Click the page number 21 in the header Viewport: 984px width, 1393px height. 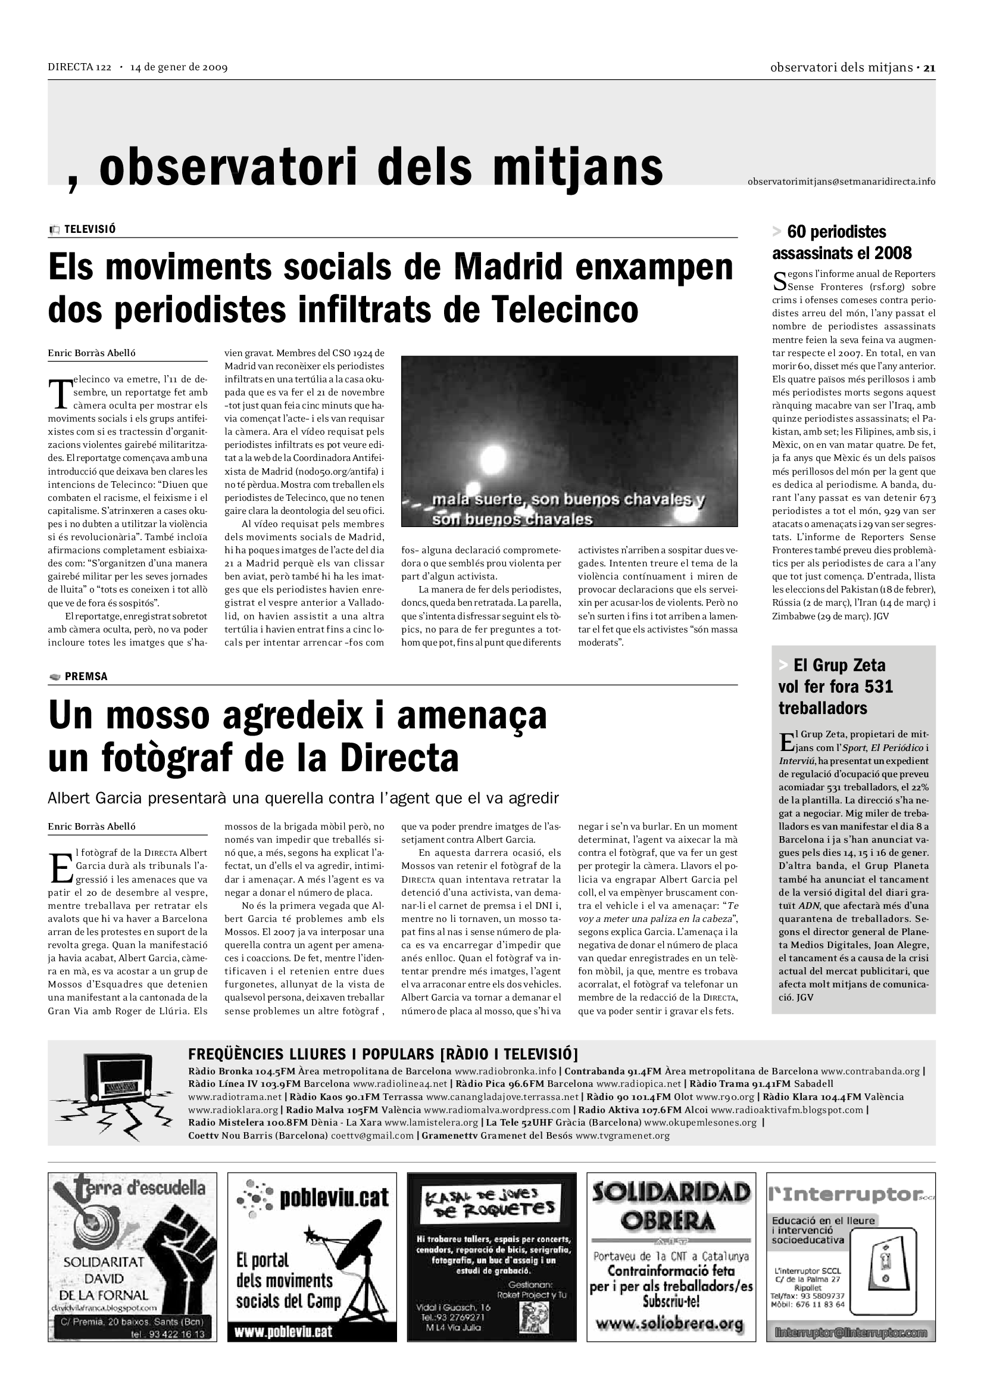point(929,68)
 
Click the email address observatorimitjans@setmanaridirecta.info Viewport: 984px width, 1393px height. point(841,182)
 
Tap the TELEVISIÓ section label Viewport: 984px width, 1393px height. point(90,229)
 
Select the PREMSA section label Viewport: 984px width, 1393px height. point(86,677)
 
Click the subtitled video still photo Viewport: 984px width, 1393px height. point(568,441)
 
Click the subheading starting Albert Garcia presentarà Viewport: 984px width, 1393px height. point(303,798)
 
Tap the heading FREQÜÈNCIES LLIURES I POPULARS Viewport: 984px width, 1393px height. point(383,1054)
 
